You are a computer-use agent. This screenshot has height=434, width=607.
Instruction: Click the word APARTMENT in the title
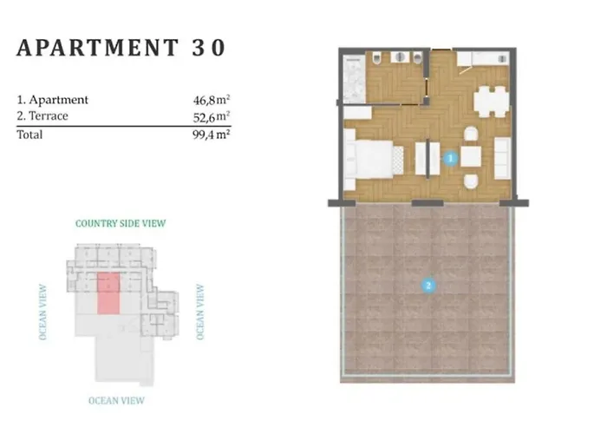point(97,48)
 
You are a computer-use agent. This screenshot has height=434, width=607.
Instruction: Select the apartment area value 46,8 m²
point(212,100)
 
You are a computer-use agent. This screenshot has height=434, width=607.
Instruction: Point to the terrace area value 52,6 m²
point(212,116)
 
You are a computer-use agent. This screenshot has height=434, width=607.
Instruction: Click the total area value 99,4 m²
point(212,135)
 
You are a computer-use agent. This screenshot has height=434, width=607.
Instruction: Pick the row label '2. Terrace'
point(42,115)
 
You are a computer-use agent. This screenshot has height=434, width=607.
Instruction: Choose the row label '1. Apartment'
point(52,100)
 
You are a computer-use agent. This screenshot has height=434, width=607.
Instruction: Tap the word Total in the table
point(29,135)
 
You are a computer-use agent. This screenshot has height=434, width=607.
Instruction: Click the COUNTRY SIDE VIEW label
point(121,224)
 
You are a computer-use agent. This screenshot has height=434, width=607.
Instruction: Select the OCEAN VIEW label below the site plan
point(116,401)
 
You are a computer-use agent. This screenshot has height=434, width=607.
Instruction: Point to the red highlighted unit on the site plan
point(108,293)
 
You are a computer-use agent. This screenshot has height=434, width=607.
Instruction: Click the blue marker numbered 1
point(450,158)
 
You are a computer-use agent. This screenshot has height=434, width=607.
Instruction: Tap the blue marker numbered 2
point(428,286)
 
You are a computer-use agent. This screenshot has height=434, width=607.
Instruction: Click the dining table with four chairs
point(492,102)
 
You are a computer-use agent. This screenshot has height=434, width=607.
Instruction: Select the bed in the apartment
point(373,159)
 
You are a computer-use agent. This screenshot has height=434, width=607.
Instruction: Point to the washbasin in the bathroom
point(399,58)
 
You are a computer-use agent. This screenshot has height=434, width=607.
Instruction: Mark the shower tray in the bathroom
point(354,79)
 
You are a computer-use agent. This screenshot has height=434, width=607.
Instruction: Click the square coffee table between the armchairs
point(471,156)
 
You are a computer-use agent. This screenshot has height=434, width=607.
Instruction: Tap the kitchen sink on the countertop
point(502,59)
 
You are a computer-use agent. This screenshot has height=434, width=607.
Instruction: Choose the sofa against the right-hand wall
point(502,158)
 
